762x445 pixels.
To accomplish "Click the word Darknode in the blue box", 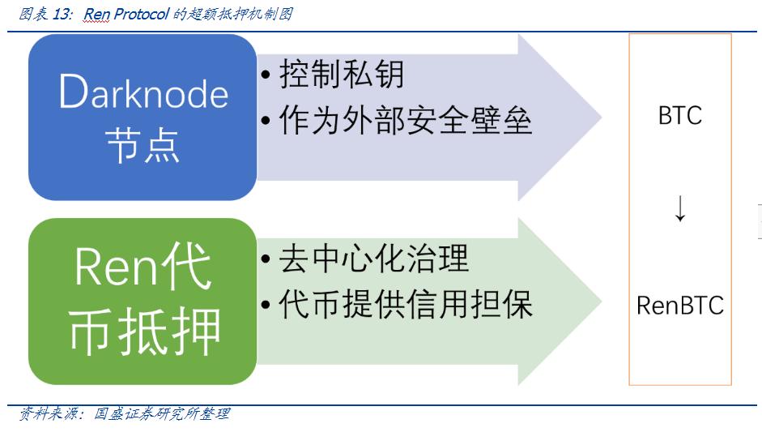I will (143, 94).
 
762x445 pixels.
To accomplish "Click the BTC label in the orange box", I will (679, 116).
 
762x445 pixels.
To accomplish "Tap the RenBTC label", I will (679, 306).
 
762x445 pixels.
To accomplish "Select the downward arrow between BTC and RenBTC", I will (679, 209).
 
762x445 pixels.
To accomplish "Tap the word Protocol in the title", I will (138, 14).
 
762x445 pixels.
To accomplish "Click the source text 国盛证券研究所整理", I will (162, 414).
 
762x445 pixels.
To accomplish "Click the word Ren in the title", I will (95, 14).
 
